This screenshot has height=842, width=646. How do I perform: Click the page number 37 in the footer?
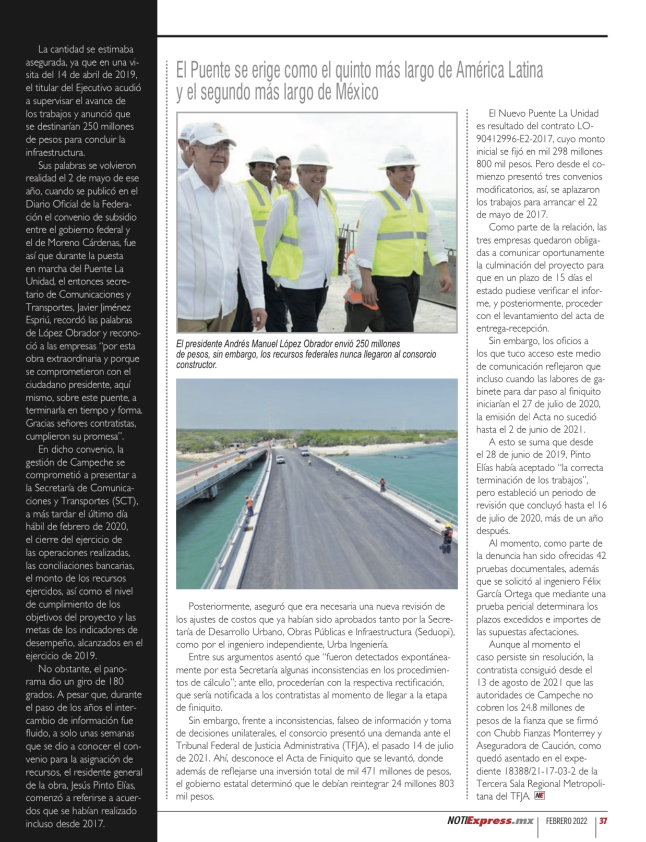603,821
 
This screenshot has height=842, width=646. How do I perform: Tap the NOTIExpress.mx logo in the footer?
490,821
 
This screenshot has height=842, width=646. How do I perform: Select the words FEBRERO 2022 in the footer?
566,821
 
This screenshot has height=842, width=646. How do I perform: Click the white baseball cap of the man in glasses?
210,134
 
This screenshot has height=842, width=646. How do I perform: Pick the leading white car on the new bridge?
280,460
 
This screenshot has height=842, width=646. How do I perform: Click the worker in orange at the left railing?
250,504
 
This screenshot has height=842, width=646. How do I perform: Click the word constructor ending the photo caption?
196,365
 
